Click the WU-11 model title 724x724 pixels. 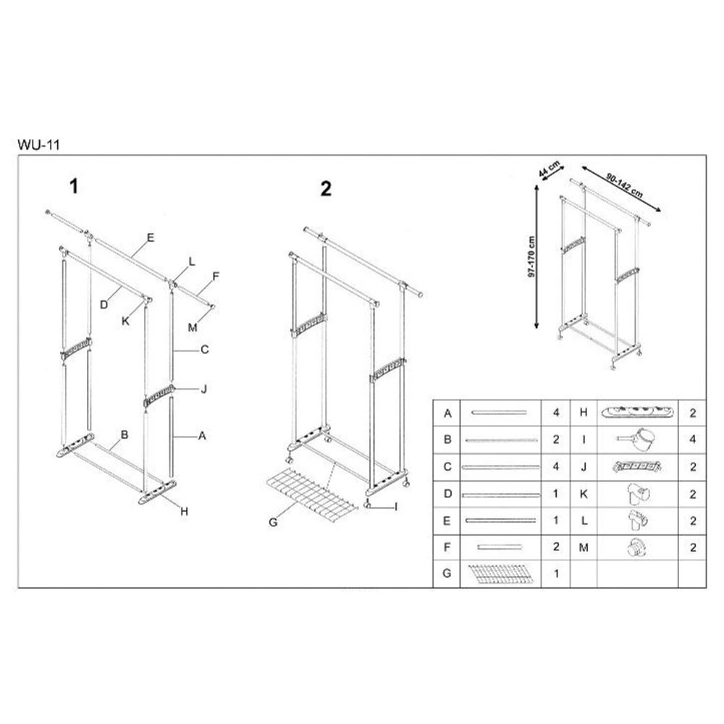(39, 145)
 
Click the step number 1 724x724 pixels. (73, 187)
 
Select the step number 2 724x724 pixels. (326, 189)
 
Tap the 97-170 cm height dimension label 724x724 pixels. (531, 257)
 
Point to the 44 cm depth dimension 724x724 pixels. (549, 169)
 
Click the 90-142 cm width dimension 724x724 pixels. (624, 185)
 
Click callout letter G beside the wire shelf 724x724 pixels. (274, 522)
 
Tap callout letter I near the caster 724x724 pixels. (396, 507)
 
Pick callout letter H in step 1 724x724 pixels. (184, 511)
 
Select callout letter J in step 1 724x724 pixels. (204, 389)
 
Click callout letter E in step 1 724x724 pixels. (150, 237)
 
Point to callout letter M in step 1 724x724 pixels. (193, 327)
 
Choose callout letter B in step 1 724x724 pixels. (125, 434)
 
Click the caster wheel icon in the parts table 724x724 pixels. (637, 439)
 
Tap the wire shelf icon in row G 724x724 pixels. (500, 573)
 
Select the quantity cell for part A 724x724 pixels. (556, 413)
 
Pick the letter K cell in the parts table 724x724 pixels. (584, 494)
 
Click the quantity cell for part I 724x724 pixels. (692, 439)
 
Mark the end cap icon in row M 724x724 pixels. (637, 547)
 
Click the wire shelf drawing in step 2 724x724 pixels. (312, 495)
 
